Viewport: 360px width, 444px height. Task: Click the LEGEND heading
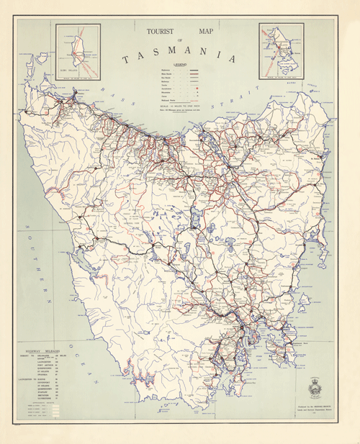tap(179, 65)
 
